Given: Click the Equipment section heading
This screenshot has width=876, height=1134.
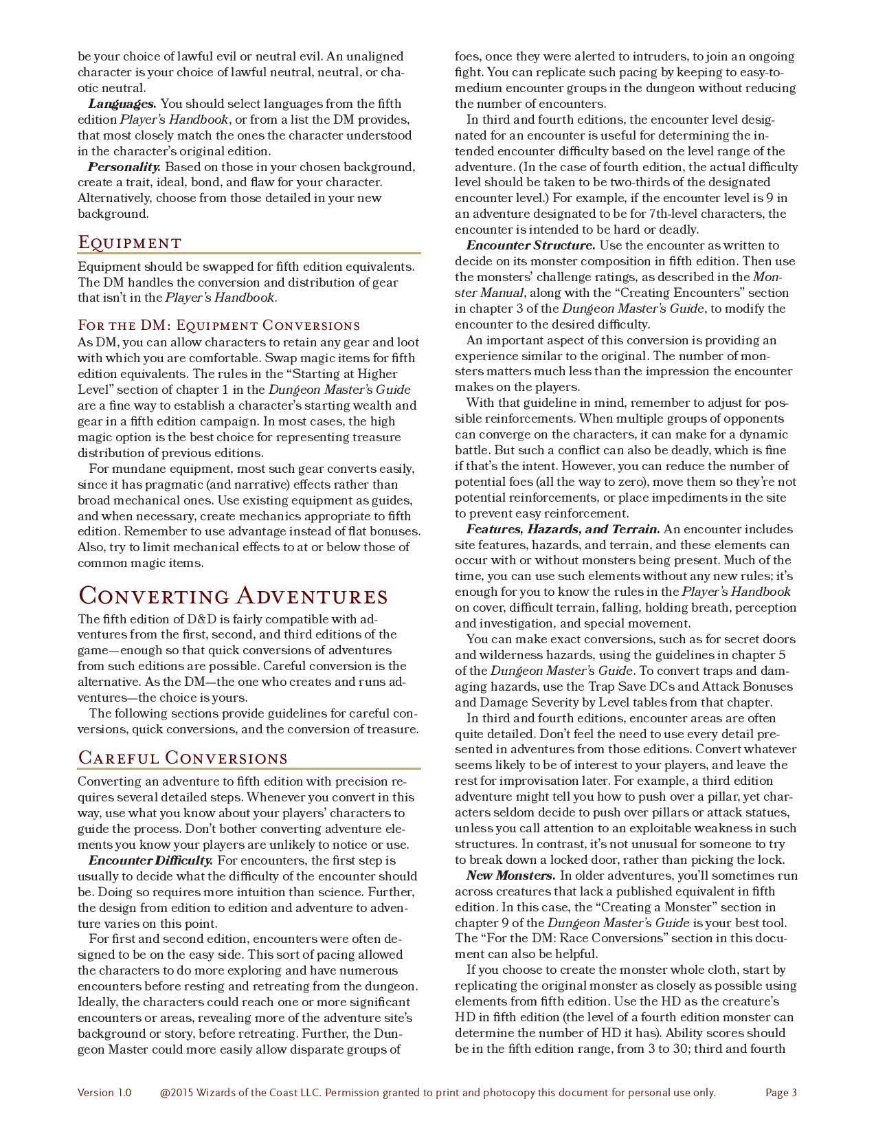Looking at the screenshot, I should pos(130,243).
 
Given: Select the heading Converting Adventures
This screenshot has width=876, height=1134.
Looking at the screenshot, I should pos(233,596).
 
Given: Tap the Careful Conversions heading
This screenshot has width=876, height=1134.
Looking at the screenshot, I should pos(182,758).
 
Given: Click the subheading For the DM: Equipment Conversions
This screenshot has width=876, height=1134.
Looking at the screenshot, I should pos(218,325).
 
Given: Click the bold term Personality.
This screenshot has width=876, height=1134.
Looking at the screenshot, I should pos(124,167).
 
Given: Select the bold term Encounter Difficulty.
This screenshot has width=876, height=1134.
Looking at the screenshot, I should pos(150,860).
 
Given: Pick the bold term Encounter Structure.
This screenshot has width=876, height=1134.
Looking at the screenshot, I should pos(530,245).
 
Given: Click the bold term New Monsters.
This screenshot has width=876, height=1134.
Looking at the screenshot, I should pos(510,876).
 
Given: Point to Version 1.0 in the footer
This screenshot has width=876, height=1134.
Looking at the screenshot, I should pos(104,1093).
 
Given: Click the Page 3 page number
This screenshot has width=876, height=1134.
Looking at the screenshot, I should pos(781,1093).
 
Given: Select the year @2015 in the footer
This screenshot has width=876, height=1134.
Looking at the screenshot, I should pos(177,1093).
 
